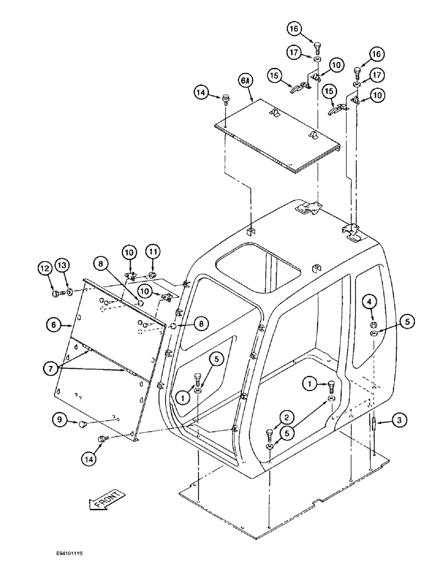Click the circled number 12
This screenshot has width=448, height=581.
coord(45,268)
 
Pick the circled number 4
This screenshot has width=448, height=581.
coord(371,302)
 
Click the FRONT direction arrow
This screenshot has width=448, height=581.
coord(107,499)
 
